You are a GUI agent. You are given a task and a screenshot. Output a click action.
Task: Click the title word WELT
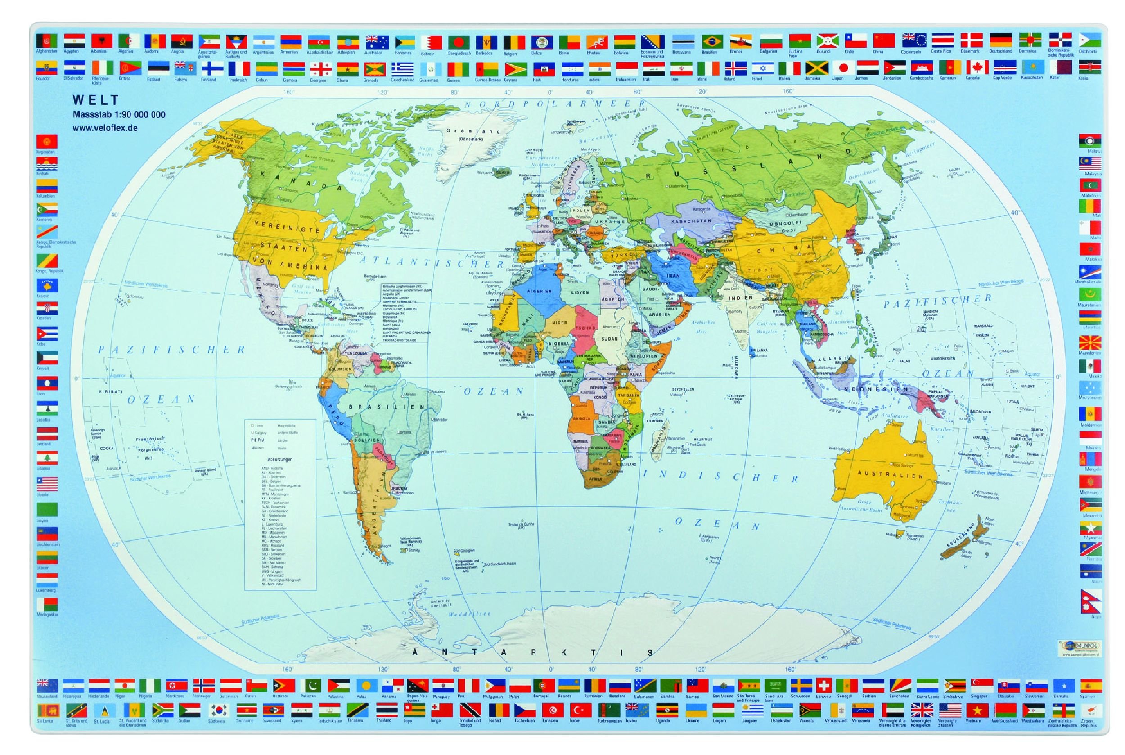tap(95, 100)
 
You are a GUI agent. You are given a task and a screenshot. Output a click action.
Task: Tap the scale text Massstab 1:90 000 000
tap(119, 115)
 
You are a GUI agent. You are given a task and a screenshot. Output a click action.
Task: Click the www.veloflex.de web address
tap(105, 128)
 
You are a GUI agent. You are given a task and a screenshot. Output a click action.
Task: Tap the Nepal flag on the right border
tap(1090, 602)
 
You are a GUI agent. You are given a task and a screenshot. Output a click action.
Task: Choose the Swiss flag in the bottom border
tap(824, 686)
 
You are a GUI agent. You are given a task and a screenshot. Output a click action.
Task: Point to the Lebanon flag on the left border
tap(47, 458)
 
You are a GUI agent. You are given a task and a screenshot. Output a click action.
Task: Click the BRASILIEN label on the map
tap(387, 407)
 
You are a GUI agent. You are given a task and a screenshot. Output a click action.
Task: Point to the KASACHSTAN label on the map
tap(691, 221)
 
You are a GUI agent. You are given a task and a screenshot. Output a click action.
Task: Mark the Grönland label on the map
tap(466, 131)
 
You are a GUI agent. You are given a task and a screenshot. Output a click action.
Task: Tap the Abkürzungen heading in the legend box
tap(280, 459)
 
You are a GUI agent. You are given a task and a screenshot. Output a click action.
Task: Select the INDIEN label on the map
tap(740, 298)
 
